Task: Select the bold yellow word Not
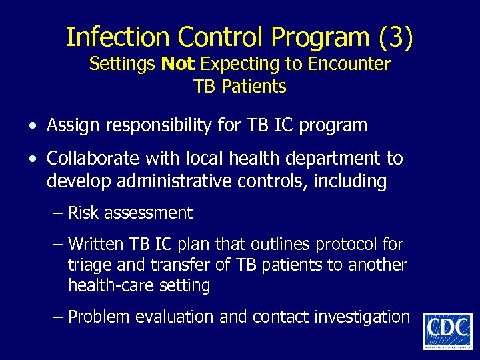pos(178,64)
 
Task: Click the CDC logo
pos(447,331)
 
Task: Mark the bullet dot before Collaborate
pos(33,159)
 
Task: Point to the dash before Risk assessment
pos(58,213)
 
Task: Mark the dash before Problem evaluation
pos(58,317)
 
